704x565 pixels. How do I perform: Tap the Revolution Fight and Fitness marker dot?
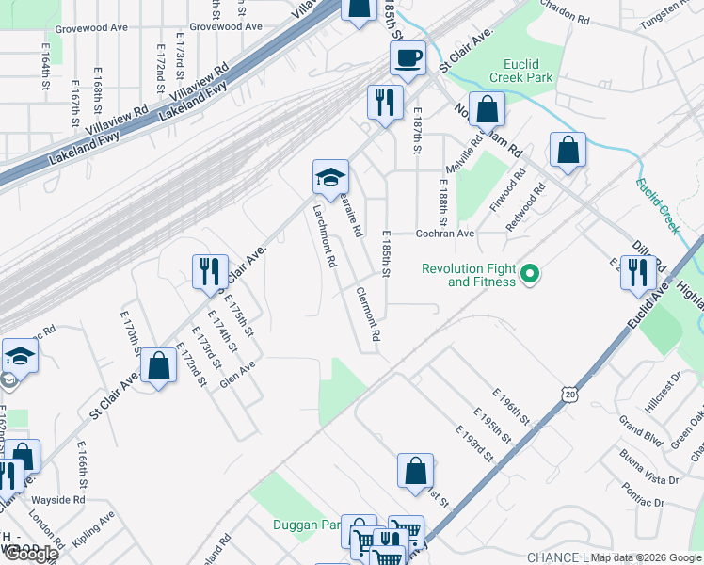[530, 275]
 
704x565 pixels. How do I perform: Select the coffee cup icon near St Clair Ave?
[408, 58]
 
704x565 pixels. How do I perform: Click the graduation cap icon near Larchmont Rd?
[330, 176]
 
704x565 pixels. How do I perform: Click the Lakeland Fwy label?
[194, 103]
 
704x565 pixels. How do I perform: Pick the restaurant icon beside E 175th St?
[210, 271]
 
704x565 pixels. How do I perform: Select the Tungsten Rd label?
[664, 9]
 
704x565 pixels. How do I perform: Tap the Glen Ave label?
[238, 376]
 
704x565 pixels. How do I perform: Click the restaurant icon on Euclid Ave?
[639, 272]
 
